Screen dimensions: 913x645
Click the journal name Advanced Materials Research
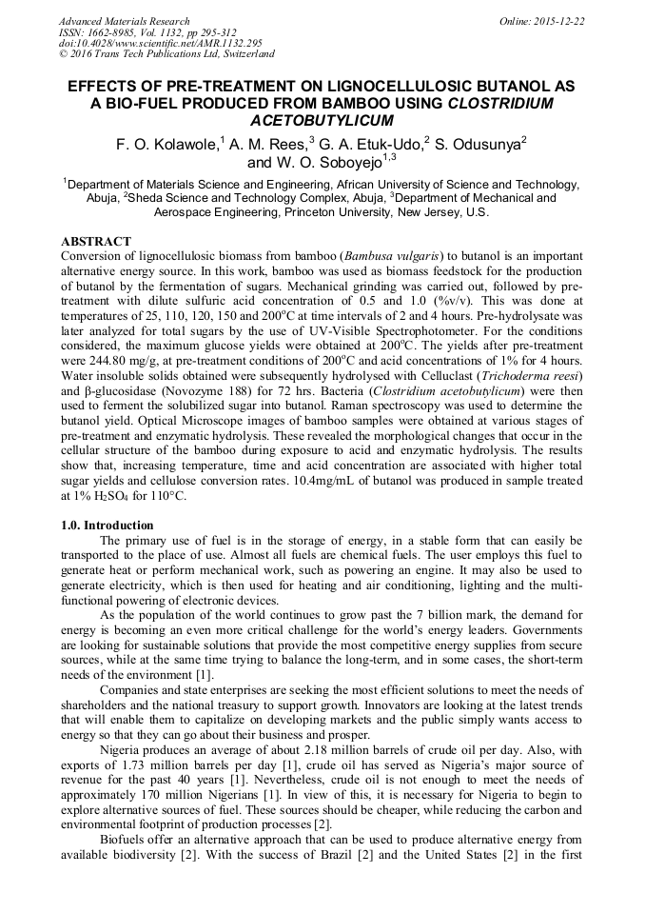[x=124, y=21]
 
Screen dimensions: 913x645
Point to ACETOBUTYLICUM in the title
[x=322, y=121]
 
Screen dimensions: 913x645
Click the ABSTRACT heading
[x=95, y=242]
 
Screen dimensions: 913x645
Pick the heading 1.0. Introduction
[x=107, y=526]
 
